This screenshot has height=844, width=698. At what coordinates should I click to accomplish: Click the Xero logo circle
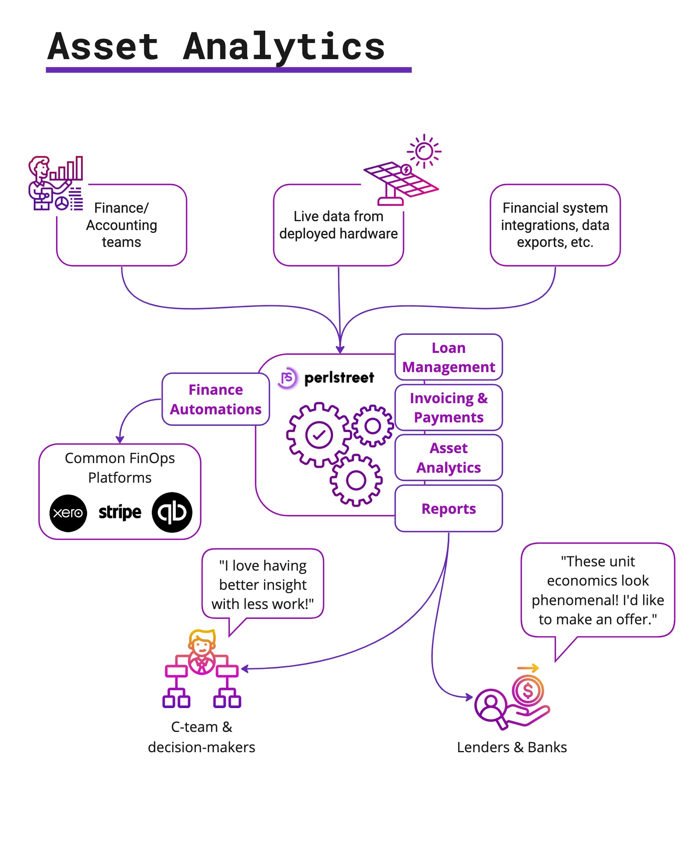(x=68, y=513)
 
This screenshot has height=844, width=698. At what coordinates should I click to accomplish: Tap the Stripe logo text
(x=120, y=512)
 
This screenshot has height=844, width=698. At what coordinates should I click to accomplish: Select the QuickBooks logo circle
(x=172, y=512)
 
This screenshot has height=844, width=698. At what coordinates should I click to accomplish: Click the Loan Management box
(x=448, y=357)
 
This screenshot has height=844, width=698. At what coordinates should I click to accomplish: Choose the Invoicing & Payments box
(x=448, y=407)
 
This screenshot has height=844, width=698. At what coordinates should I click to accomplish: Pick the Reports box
(x=448, y=509)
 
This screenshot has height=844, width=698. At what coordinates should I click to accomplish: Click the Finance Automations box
(x=216, y=399)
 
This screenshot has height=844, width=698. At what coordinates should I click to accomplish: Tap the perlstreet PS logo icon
(x=287, y=378)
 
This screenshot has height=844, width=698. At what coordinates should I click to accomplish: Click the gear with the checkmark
(x=318, y=434)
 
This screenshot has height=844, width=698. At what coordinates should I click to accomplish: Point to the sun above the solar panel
(x=424, y=152)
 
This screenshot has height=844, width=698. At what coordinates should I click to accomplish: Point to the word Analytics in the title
(x=284, y=47)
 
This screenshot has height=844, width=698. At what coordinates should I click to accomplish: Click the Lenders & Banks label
(x=511, y=747)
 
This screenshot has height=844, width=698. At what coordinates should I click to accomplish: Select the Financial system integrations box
(x=554, y=225)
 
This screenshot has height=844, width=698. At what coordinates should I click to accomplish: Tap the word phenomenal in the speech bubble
(x=574, y=600)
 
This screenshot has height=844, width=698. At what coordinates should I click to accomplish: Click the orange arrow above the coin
(x=527, y=669)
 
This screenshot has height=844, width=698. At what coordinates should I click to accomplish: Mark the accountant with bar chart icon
(x=55, y=183)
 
